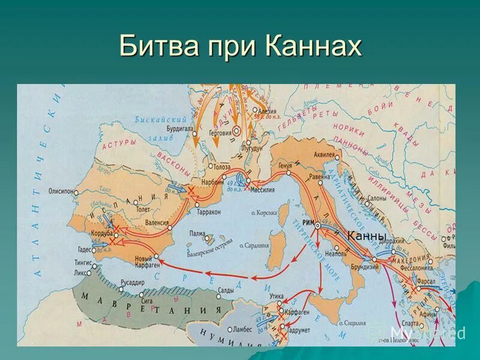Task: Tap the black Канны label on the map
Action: pyautogui.click(x=366, y=236)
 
